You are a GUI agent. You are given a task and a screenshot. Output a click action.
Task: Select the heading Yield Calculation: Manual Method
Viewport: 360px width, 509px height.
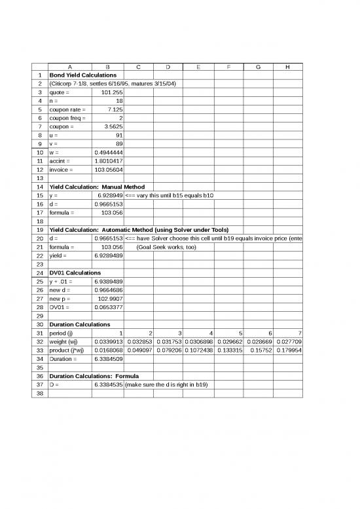click(97, 187)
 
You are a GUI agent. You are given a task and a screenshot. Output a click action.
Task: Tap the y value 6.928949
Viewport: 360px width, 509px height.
click(110, 195)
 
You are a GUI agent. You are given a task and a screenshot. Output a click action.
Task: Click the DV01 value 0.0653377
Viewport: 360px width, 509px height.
click(109, 307)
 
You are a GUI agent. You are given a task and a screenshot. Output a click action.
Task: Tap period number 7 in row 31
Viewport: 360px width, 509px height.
click(299, 333)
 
